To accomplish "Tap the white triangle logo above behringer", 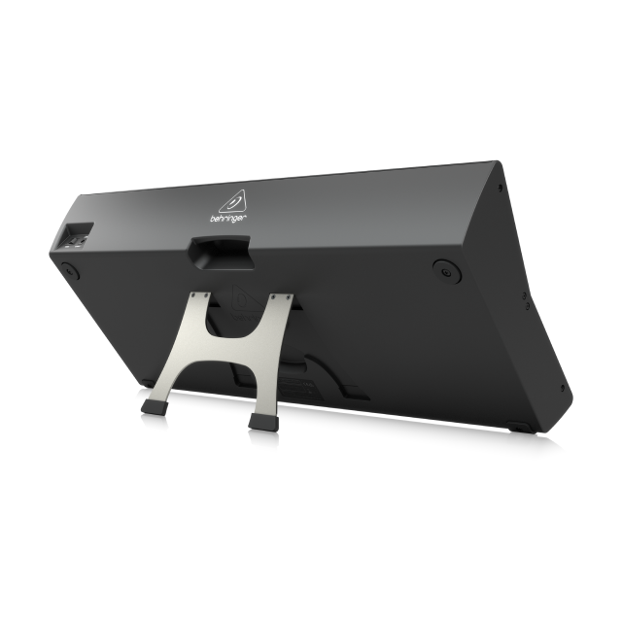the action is click(x=233, y=201).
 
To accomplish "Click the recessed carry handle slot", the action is click(x=221, y=253).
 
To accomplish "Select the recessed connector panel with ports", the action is click(x=79, y=236).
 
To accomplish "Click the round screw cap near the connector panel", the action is click(x=70, y=271).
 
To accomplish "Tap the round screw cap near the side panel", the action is click(x=447, y=272).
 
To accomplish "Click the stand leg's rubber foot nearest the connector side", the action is click(x=155, y=407).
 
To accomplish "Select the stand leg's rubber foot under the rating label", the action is click(x=263, y=423).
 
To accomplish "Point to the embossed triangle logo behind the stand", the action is click(x=246, y=300).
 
